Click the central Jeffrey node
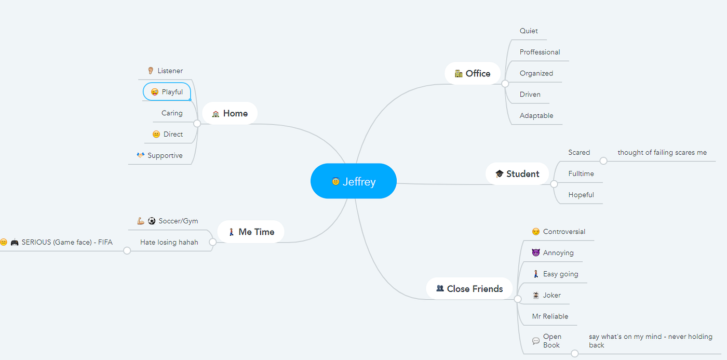click(x=354, y=181)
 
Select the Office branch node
click(x=473, y=74)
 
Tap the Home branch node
click(x=230, y=113)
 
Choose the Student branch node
click(x=517, y=174)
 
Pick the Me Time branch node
click(x=251, y=232)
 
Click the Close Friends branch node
click(x=469, y=289)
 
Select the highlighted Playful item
click(x=167, y=92)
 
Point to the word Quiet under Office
click(x=529, y=31)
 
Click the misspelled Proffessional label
click(x=540, y=52)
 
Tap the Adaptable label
click(x=536, y=116)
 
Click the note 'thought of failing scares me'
click(x=662, y=153)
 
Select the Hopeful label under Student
click(x=581, y=195)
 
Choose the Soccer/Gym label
click(x=178, y=221)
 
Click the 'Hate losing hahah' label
click(x=169, y=242)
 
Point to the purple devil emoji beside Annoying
click(x=536, y=253)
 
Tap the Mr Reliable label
click(x=550, y=316)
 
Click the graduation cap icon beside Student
click(x=500, y=174)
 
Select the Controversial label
click(x=564, y=232)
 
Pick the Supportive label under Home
click(x=165, y=155)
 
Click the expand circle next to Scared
click(x=603, y=161)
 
